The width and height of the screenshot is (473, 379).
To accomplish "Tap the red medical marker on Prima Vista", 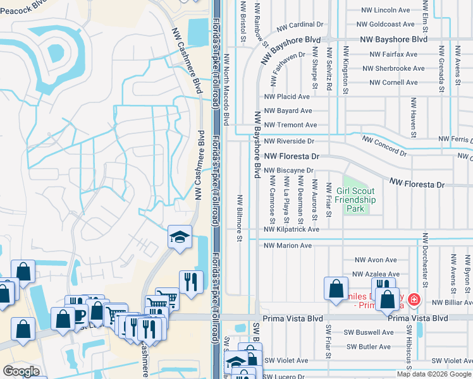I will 414,299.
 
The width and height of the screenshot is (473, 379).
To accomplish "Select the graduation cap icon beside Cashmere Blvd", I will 180,238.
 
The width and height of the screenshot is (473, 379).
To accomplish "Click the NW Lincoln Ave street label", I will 385,10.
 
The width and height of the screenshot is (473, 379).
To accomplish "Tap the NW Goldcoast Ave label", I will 385,25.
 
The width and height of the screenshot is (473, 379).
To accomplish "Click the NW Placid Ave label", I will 286,97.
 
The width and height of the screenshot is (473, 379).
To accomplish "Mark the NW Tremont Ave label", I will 290,125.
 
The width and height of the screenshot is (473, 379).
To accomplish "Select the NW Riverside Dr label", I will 289,141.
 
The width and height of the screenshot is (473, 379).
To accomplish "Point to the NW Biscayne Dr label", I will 288,171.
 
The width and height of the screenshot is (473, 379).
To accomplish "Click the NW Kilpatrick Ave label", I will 292,231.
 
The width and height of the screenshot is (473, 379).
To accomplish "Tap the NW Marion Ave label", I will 288,245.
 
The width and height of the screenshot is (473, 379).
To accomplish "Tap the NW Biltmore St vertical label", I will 240,218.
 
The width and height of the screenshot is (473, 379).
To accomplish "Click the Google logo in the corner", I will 21,371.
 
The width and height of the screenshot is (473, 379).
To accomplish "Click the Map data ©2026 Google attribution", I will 433,374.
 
